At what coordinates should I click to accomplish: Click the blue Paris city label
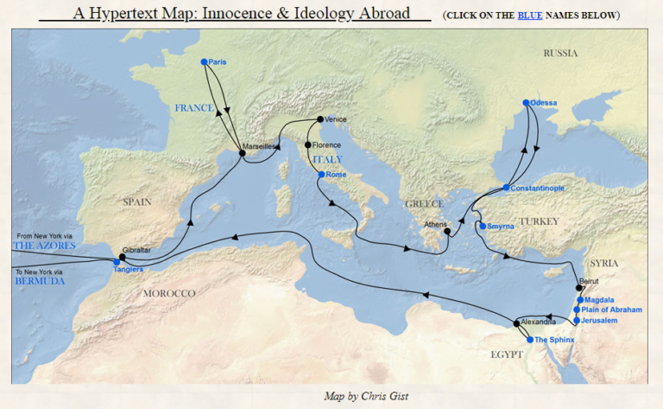tap(217, 61)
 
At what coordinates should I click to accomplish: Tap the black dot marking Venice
tap(320, 118)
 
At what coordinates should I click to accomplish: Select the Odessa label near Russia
tap(544, 103)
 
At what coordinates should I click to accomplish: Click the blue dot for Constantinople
tap(507, 188)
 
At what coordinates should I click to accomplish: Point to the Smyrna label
tap(501, 227)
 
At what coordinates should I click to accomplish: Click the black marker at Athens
tap(447, 231)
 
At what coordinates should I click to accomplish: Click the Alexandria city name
tap(537, 322)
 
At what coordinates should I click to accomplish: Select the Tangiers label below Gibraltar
tap(129, 270)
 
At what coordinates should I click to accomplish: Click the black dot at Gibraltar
tap(123, 257)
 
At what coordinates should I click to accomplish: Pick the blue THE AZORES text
tap(44, 246)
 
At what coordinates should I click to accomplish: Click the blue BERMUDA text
tap(40, 281)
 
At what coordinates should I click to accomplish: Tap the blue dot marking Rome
tap(321, 175)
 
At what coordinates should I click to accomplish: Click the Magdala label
tap(598, 300)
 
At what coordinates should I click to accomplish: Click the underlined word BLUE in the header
tap(531, 16)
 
